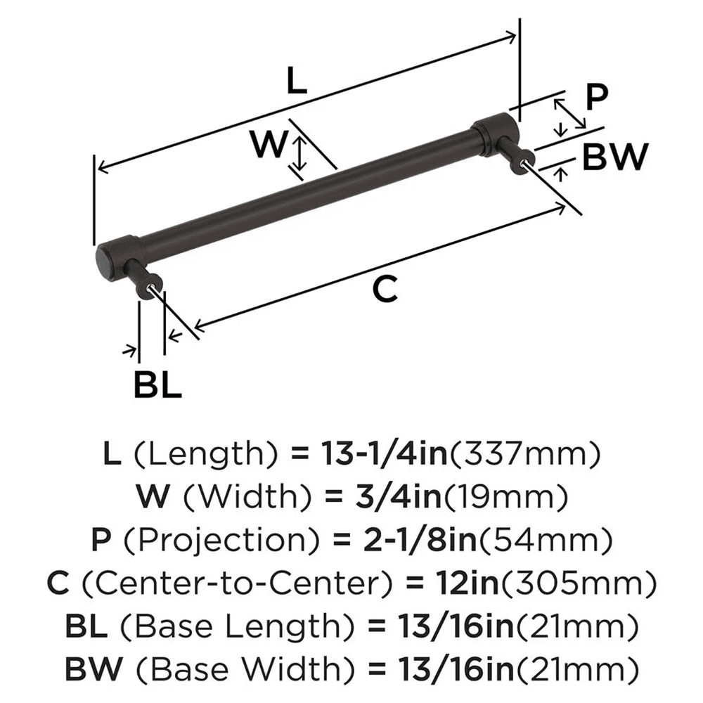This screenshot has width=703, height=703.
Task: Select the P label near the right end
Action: pyautogui.click(x=596, y=98)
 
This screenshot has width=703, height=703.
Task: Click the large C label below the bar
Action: pyautogui.click(x=385, y=289)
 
